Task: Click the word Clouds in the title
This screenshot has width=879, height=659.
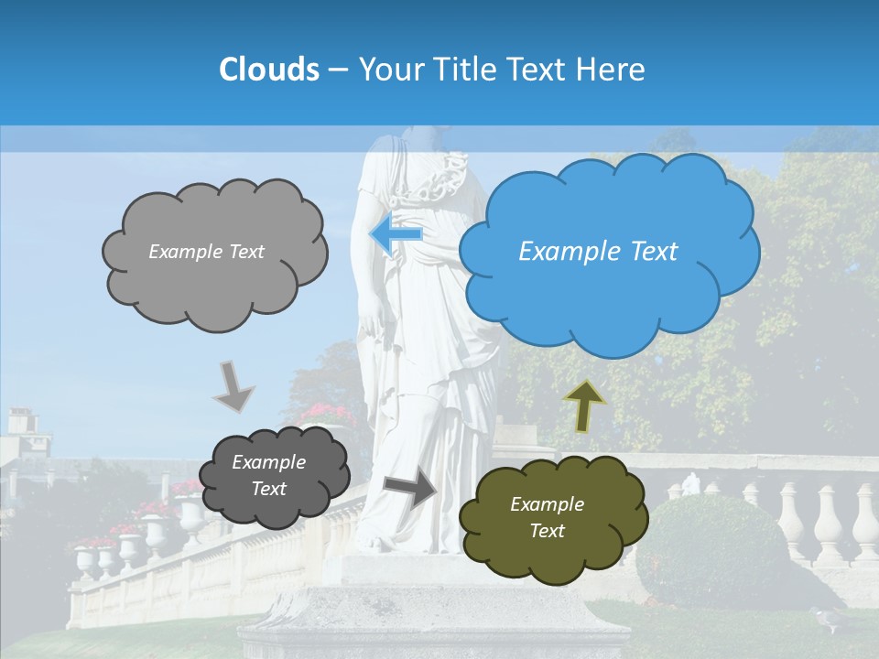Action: click(269, 69)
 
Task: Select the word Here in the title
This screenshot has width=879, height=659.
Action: click(613, 69)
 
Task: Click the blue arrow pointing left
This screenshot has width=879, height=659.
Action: click(396, 234)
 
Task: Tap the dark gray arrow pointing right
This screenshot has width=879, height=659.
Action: click(411, 486)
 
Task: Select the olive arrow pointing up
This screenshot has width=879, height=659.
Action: click(583, 405)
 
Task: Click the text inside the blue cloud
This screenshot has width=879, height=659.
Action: click(598, 252)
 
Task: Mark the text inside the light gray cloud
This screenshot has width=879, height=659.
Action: click(206, 252)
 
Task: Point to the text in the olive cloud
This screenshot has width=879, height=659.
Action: click(547, 517)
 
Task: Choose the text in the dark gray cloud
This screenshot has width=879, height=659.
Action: click(268, 476)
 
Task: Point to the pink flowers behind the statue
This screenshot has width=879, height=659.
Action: click(325, 413)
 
